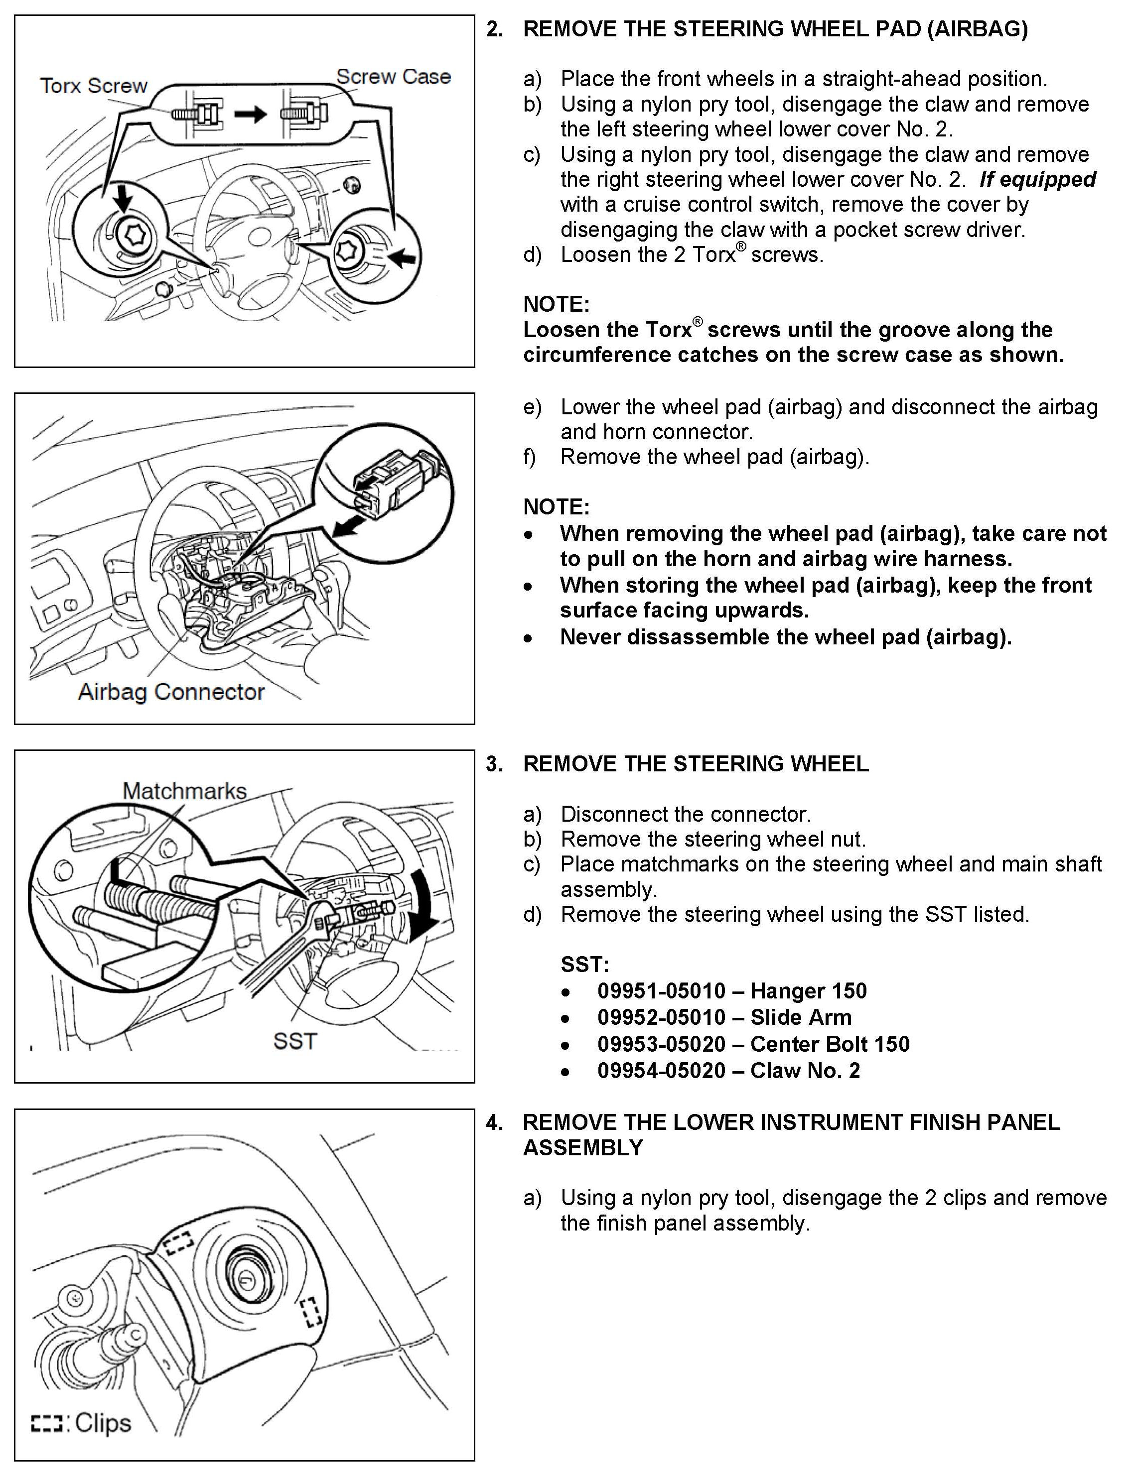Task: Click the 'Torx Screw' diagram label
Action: point(93,86)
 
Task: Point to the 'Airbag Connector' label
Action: point(171,692)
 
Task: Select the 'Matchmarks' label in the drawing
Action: point(185,791)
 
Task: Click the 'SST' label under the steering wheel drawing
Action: point(294,1041)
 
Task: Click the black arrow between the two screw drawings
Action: point(250,115)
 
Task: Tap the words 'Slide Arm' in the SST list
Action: point(801,1017)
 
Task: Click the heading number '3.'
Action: point(495,764)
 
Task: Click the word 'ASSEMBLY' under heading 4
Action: point(583,1148)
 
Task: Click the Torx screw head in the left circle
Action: point(131,236)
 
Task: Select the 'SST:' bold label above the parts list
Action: point(584,965)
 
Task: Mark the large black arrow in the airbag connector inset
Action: point(355,526)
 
